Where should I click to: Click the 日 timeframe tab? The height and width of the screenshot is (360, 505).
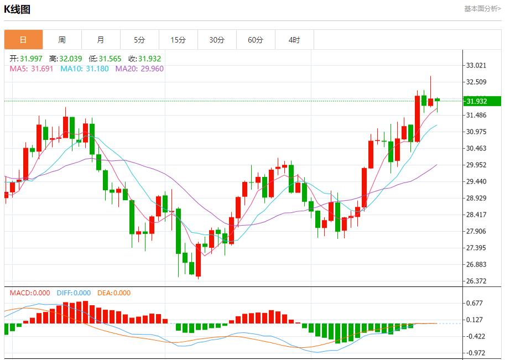23,40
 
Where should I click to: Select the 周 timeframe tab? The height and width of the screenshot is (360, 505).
62,40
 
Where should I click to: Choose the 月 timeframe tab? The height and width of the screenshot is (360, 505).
101,40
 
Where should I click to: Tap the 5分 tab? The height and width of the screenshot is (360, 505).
139,40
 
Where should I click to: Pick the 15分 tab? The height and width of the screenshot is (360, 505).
178,40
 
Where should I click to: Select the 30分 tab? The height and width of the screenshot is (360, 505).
217,40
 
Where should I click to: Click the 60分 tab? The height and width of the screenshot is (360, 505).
256,40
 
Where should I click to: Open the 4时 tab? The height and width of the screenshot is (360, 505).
294,40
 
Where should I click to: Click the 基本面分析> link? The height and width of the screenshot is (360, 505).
482,9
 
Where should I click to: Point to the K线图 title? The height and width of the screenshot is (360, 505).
18,9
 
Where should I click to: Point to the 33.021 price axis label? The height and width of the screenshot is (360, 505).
476,65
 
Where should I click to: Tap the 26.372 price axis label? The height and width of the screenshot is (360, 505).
476,281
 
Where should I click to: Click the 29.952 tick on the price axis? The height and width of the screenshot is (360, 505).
476,165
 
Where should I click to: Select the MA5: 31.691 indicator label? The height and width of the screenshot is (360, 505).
32,69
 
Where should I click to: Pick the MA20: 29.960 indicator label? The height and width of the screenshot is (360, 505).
139,69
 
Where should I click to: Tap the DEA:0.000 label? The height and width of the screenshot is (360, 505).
114,293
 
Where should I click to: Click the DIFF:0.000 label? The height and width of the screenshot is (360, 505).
74,293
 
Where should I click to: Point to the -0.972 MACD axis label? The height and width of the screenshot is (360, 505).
476,353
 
